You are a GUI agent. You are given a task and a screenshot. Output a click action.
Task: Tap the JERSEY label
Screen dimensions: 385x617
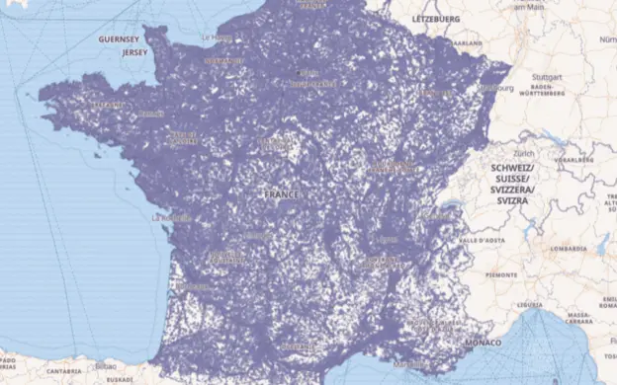pyautogui.click(x=134, y=52)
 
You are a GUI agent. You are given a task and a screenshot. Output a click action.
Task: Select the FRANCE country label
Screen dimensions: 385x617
pyautogui.click(x=281, y=194)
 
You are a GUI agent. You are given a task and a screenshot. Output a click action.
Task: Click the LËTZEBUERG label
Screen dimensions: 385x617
pyautogui.click(x=436, y=19)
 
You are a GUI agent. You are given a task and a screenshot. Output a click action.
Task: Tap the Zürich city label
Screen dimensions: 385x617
pyautogui.click(x=524, y=153)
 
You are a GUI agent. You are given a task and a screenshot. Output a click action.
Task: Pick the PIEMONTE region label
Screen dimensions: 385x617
pyautogui.click(x=499, y=274)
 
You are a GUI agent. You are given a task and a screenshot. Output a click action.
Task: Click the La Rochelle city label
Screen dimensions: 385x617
pyautogui.click(x=169, y=217)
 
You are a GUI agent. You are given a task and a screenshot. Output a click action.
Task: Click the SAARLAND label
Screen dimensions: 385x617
pyautogui.click(x=467, y=44)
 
